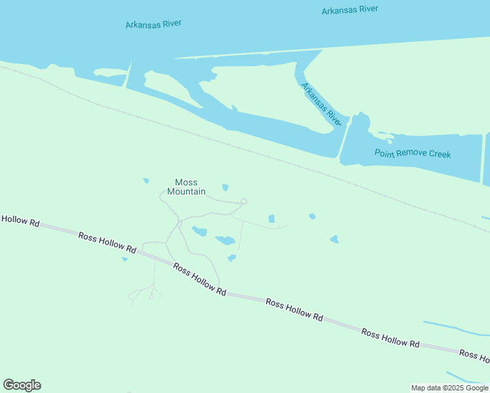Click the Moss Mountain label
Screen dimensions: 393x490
186,187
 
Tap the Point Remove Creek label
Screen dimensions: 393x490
413,153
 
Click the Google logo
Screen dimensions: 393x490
22,385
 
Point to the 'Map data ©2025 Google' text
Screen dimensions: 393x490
450,388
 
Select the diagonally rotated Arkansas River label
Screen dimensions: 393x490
322,104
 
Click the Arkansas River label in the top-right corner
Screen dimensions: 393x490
350,10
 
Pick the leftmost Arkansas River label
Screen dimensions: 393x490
153,24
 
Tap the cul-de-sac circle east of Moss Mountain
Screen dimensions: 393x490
244,202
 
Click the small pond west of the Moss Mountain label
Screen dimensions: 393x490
146,181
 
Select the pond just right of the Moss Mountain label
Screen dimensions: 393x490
225,188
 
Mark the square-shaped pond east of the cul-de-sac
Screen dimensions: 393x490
271,218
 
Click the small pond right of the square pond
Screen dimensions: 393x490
312,216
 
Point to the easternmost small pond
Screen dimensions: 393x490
335,240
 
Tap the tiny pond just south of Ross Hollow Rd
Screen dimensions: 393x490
124,259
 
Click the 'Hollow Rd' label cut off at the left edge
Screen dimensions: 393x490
20,221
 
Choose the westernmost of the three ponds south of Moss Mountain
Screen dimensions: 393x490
200,231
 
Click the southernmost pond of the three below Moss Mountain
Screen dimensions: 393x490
231,258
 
